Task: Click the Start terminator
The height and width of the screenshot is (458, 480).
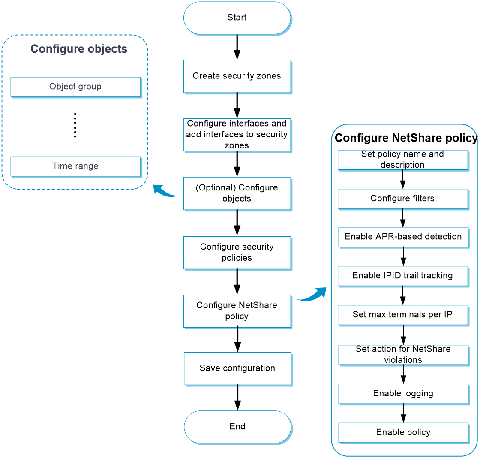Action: click(x=237, y=18)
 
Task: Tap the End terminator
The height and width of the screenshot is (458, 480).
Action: click(x=237, y=426)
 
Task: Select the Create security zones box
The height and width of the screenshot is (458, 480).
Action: click(x=237, y=76)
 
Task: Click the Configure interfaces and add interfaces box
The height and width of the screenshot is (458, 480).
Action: click(x=237, y=135)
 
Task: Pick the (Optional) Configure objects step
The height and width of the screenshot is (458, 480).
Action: click(x=237, y=193)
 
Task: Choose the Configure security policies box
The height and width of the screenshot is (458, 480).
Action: click(x=237, y=252)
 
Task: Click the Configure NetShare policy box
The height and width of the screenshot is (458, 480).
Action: click(x=237, y=311)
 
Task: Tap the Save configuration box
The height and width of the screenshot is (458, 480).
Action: click(x=237, y=368)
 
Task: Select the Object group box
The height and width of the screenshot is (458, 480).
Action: click(x=75, y=87)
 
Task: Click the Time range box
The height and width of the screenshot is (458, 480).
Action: click(x=75, y=166)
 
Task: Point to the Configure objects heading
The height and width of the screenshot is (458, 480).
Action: click(x=79, y=49)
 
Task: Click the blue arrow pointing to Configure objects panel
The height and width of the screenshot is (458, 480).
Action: click(x=166, y=191)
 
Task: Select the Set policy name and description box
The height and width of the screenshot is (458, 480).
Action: click(x=402, y=160)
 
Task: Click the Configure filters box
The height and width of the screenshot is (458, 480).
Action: click(x=402, y=199)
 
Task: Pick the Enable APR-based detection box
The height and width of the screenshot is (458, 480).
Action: click(x=402, y=237)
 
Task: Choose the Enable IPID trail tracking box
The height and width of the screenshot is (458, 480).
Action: click(x=402, y=276)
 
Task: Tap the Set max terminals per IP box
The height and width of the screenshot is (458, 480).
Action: click(x=402, y=315)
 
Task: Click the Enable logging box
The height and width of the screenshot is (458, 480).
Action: click(x=402, y=393)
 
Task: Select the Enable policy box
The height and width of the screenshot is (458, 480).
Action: click(x=402, y=432)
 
